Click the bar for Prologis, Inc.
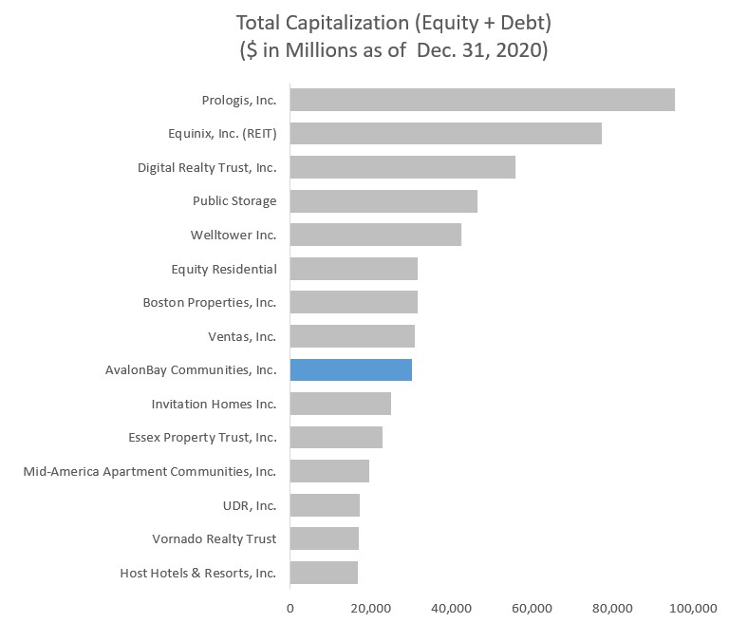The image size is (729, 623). click(x=482, y=100)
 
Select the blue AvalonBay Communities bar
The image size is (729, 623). click(x=350, y=369)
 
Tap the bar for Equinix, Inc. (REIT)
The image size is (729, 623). click(x=445, y=133)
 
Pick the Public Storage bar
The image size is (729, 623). click(x=383, y=201)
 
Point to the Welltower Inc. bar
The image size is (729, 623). click(x=375, y=235)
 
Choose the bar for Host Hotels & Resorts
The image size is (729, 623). click(x=324, y=573)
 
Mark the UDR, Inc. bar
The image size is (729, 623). click(x=325, y=505)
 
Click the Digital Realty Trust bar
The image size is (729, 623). click(x=402, y=167)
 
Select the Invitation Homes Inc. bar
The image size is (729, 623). click(x=340, y=404)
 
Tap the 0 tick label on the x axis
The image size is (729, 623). click(x=290, y=607)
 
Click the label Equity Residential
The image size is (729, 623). click(x=224, y=269)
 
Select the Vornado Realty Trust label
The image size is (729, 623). click(x=215, y=538)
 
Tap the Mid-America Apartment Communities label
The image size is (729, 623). click(x=150, y=471)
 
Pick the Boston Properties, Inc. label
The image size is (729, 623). click(x=210, y=302)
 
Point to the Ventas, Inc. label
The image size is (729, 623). click(x=242, y=336)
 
